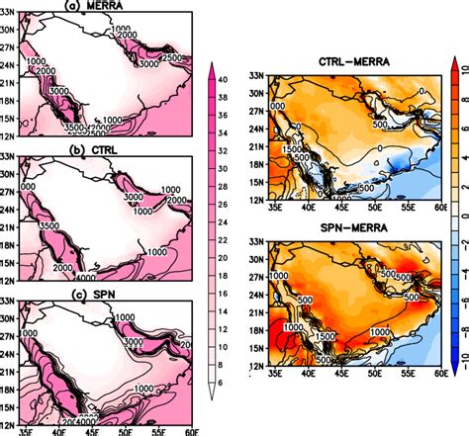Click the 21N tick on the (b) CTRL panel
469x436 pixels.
[9, 220]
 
